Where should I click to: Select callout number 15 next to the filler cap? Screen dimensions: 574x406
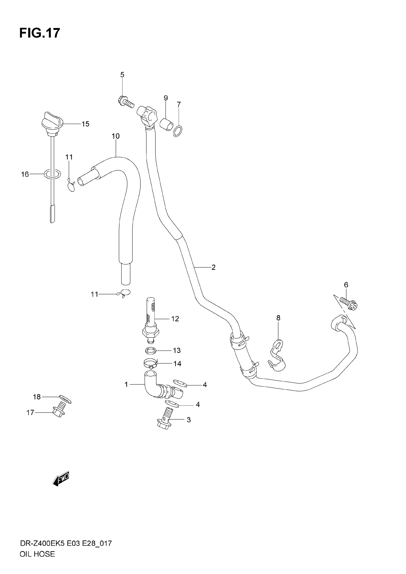pos(85,124)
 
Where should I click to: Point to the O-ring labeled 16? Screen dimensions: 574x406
pos(52,174)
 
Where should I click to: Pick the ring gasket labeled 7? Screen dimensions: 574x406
pos(178,131)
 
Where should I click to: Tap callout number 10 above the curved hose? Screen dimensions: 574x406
pos(116,136)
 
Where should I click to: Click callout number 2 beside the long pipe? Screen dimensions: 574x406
pos(213,267)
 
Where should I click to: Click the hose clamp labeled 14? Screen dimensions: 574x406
pos(151,363)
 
